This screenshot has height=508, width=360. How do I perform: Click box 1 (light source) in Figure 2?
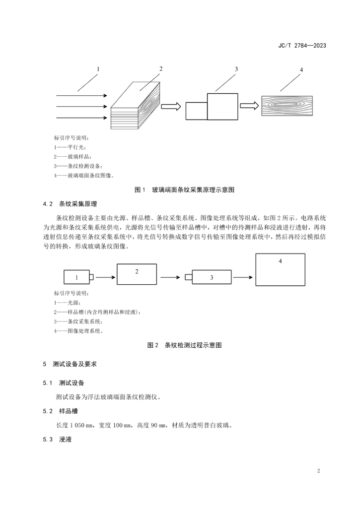click(x=76, y=277)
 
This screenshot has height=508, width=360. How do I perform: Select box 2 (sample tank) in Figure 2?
click(x=137, y=273)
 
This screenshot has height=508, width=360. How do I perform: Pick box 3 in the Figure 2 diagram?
click(x=211, y=277)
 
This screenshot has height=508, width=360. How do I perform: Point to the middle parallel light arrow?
click(x=79, y=106)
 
